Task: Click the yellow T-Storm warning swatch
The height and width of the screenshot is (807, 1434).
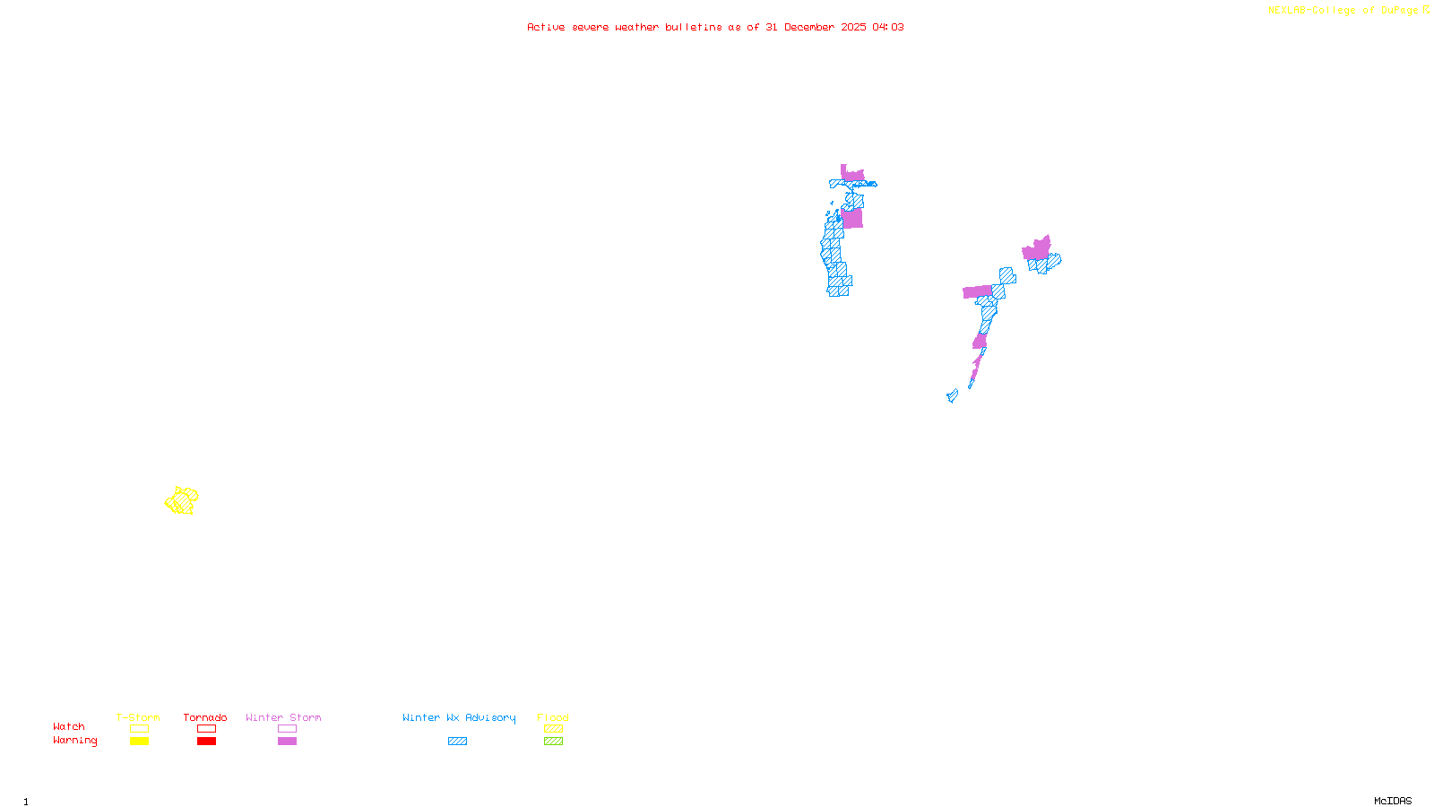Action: coord(139,742)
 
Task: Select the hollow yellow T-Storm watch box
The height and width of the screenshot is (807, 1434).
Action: coord(139,729)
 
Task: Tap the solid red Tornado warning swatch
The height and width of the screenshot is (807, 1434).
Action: coord(206,742)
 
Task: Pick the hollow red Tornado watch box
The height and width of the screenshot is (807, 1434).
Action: coord(206,729)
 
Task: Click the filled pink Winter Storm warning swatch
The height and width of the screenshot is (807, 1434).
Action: coord(287,742)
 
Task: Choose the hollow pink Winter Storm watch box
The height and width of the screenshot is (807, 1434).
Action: coord(287,729)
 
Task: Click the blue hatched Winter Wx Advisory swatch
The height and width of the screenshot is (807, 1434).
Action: coord(457,742)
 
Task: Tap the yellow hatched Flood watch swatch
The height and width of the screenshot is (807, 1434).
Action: coord(553,729)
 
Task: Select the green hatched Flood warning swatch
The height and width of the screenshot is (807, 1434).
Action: coord(553,742)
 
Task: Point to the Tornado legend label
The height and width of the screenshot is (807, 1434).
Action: coord(205,717)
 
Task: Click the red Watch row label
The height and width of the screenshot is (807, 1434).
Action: coord(69,727)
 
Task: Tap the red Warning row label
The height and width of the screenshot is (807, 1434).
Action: coord(74,741)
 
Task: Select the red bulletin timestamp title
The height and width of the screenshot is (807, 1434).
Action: coord(715,28)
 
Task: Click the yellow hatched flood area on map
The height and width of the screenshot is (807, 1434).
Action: coord(182,500)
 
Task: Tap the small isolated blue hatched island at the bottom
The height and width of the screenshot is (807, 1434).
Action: coord(952,395)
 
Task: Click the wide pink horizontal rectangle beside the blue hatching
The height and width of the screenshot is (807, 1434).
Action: coord(977,291)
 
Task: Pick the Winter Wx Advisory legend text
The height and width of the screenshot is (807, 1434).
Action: coord(459,717)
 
